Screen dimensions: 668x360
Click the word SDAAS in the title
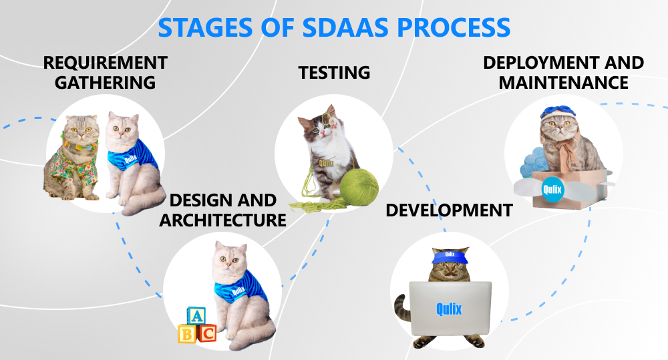pos(345,27)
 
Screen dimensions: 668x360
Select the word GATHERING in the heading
pos(106,83)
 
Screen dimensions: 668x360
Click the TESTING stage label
pos(334,72)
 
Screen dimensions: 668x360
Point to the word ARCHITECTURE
pos(223,220)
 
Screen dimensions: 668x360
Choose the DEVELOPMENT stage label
pos(449,210)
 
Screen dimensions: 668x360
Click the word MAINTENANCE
pos(564,83)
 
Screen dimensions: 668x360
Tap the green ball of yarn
pos(359,188)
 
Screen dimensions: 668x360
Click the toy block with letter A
pos(196,316)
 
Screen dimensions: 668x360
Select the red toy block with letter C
pos(207,333)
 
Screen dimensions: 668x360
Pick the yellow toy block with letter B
pos(187,335)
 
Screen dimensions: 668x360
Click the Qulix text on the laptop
pos(449,309)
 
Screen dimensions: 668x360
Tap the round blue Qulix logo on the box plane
pos(552,189)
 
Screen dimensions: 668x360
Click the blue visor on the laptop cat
pos(450,257)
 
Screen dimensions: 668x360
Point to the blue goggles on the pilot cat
pos(558,112)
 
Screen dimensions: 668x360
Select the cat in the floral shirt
pos(71,158)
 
